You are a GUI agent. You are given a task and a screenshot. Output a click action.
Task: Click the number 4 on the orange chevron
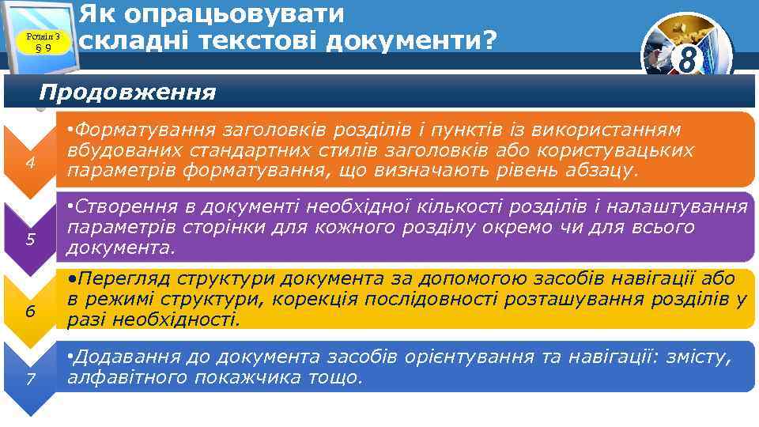pyautogui.click(x=29, y=164)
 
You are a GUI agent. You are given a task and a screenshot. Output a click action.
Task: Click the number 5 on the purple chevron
pyautogui.click(x=29, y=239)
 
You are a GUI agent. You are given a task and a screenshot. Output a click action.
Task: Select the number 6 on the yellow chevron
pyautogui.click(x=29, y=311)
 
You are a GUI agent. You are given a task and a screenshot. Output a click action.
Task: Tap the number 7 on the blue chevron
pyautogui.click(x=29, y=379)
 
